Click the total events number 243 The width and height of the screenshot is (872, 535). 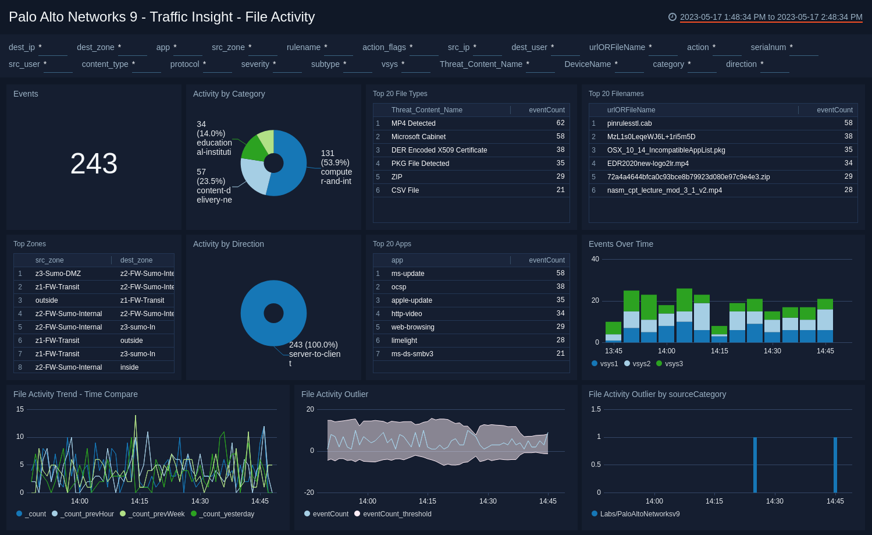click(x=94, y=164)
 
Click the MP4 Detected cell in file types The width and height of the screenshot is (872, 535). click(x=413, y=123)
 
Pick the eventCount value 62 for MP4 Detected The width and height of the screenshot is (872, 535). click(x=560, y=123)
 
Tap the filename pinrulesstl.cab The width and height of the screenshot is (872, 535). click(x=629, y=123)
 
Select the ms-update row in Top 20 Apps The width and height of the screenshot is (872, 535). click(x=408, y=274)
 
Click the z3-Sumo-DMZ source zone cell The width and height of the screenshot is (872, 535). click(x=58, y=274)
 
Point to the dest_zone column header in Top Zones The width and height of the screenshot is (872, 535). click(x=136, y=260)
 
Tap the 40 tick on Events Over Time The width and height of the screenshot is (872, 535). click(x=595, y=259)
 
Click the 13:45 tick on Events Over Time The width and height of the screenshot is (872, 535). click(x=614, y=351)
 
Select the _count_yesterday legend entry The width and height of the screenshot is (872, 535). click(x=226, y=514)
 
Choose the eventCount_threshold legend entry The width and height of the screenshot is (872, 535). click(x=397, y=514)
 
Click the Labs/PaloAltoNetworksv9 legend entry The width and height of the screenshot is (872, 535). click(x=639, y=514)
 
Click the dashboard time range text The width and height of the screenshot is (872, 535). click(x=771, y=17)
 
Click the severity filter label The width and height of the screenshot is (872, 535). click(x=255, y=64)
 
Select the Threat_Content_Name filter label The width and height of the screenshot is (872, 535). click(x=481, y=64)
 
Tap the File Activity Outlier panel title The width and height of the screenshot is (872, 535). click(x=334, y=394)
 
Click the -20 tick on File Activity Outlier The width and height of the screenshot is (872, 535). click(x=309, y=493)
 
